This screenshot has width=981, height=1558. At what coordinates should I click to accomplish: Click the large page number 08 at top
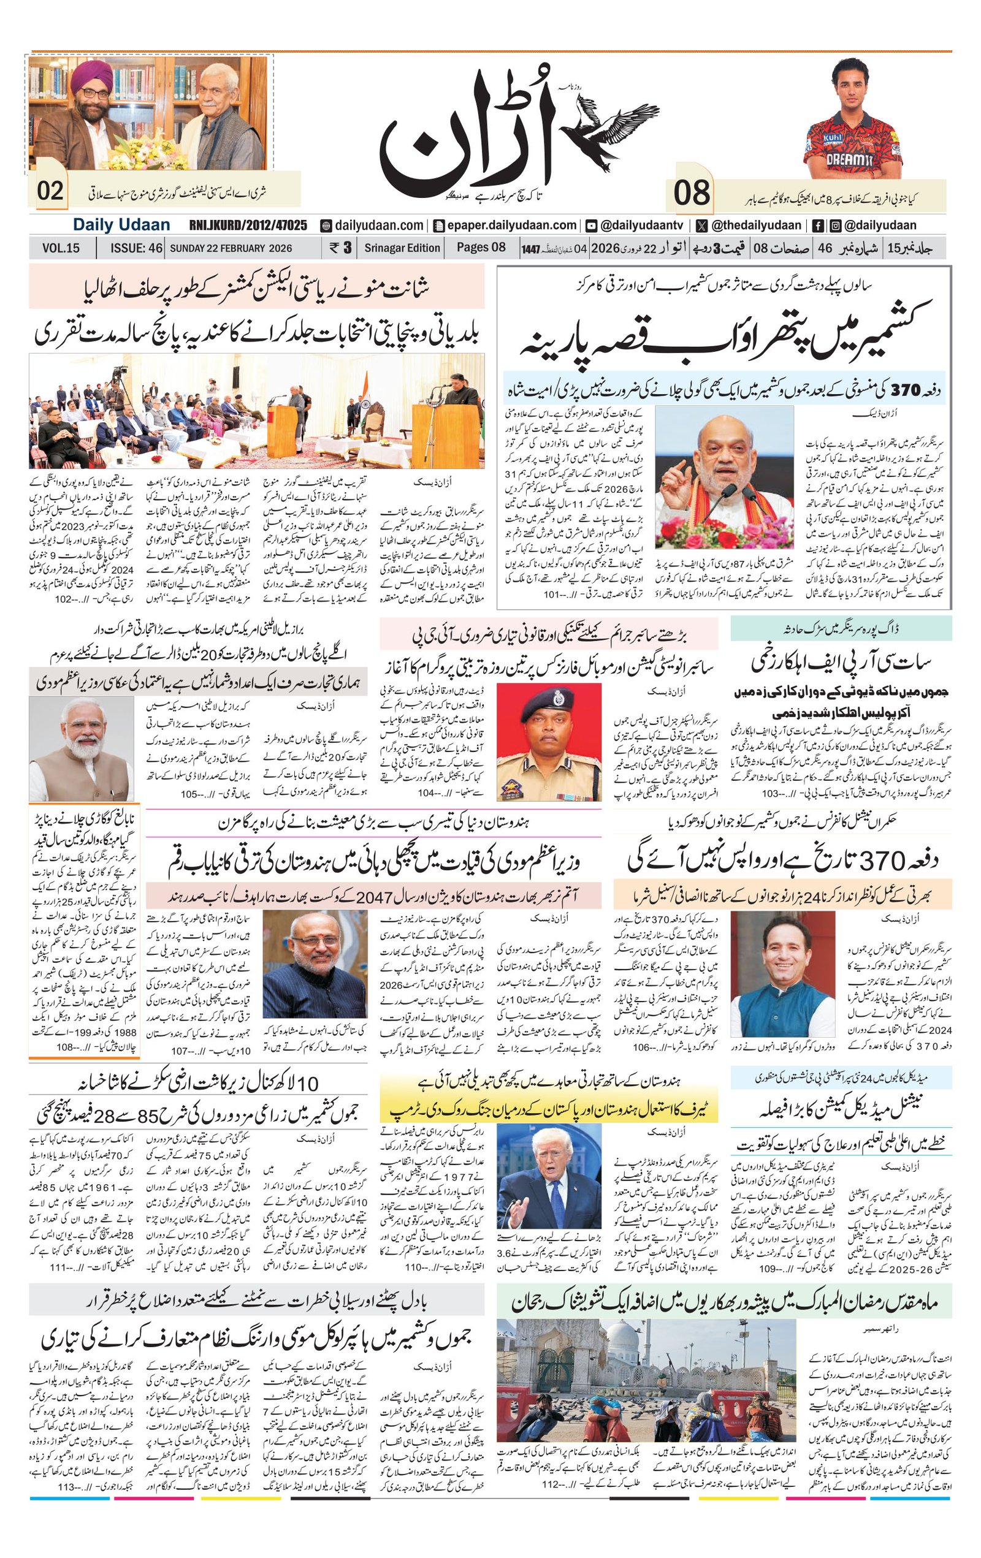pos(691,193)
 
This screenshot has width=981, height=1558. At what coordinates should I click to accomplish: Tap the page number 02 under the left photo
pos(50,191)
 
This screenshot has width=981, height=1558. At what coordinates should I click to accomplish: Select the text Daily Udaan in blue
pos(121,224)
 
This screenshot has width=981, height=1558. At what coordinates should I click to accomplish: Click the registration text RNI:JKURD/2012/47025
pos(248,225)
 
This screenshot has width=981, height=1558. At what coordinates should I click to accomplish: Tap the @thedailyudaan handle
pos(749,225)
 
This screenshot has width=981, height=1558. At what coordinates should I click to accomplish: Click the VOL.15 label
pos(61,248)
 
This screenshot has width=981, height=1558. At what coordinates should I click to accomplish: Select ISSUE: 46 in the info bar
pos(136,248)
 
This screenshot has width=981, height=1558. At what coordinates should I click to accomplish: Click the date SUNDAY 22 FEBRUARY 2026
pos(231,248)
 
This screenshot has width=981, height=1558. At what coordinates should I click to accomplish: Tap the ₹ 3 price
pos(340,248)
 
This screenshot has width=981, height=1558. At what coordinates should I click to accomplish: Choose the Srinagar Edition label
pos(402,248)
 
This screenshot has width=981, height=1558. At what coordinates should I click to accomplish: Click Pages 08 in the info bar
pos(481,247)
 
